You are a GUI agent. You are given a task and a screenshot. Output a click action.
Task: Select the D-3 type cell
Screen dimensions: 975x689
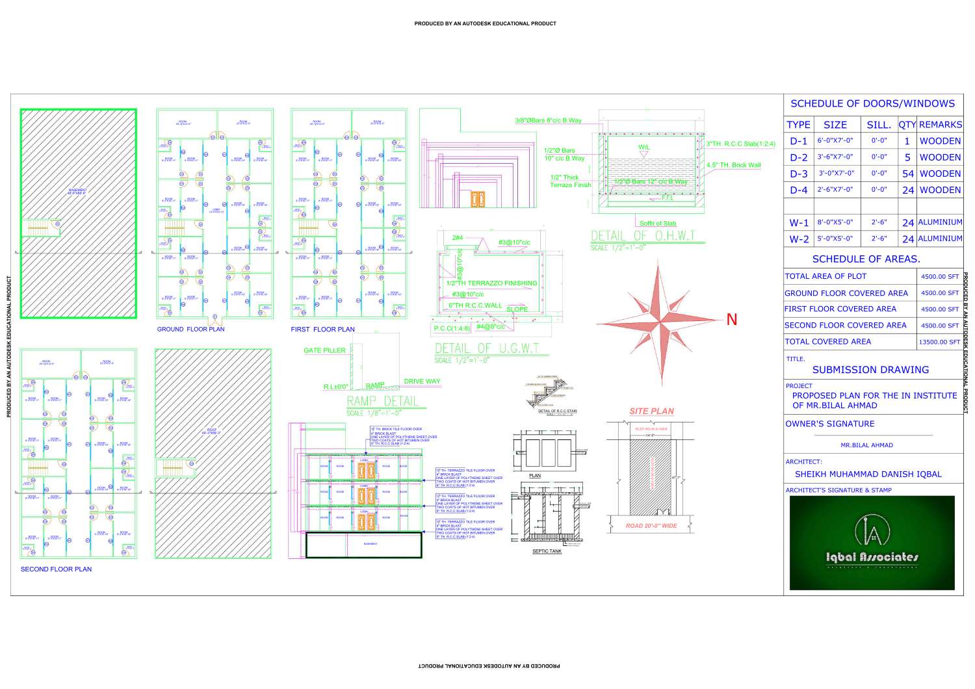(x=798, y=174)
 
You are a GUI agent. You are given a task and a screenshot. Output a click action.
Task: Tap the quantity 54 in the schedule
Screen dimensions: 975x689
(x=907, y=174)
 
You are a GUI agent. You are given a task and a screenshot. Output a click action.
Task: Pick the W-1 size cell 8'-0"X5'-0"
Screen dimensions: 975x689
(x=835, y=222)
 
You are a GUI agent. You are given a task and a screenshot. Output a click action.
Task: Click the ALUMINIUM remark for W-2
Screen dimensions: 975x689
(x=940, y=239)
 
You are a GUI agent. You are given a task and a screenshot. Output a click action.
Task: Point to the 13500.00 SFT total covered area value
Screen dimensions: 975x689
(x=939, y=342)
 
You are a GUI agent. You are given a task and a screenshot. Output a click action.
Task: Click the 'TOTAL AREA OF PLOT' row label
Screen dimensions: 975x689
(x=825, y=276)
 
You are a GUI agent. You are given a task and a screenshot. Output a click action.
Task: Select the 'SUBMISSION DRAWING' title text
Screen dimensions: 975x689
(x=870, y=370)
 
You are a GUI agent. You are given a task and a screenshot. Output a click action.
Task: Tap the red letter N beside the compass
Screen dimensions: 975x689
(x=732, y=320)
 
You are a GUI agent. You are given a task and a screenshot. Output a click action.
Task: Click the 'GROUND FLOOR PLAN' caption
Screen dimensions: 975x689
(x=190, y=330)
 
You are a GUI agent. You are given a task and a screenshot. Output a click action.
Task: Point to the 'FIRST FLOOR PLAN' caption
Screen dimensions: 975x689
(x=322, y=330)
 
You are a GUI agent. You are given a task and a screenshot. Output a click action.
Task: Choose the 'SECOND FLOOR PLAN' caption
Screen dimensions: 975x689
(x=56, y=569)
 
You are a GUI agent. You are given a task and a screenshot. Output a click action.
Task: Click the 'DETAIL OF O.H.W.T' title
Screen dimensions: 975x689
(x=643, y=236)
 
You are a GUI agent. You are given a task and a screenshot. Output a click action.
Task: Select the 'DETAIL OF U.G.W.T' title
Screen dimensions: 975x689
(x=487, y=348)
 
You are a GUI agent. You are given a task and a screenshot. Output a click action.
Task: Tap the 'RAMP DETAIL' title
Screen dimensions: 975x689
(x=383, y=400)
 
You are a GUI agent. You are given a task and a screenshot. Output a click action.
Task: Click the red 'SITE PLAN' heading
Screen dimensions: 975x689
(x=651, y=411)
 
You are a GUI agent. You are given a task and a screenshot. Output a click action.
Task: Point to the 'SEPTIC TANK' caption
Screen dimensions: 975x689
(x=547, y=551)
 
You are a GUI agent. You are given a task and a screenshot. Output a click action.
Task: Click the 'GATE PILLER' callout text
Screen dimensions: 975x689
(x=324, y=350)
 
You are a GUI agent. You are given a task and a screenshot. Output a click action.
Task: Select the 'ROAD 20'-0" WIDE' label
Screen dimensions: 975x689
(x=651, y=526)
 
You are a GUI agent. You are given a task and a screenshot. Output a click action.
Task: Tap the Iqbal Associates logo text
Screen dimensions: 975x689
(x=872, y=557)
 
